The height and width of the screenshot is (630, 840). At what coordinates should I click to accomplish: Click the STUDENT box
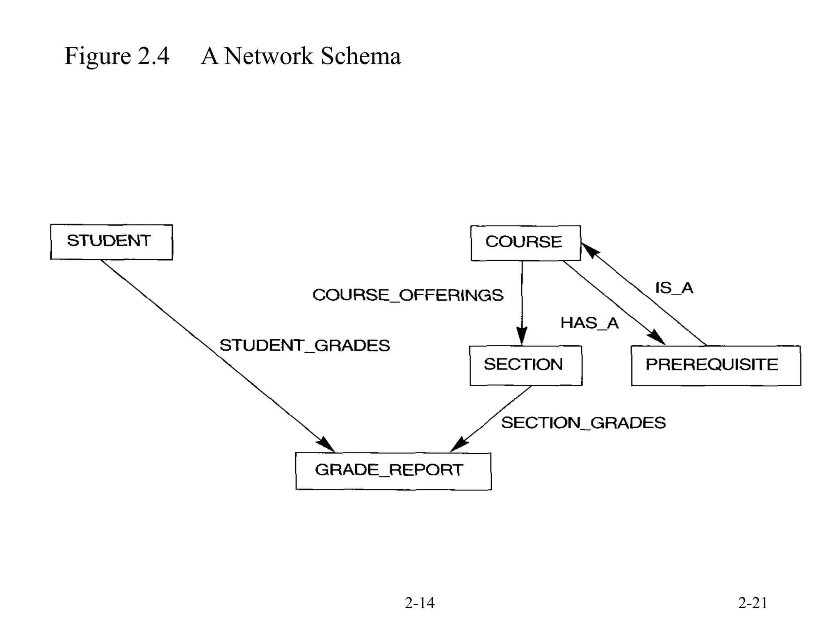click(x=111, y=242)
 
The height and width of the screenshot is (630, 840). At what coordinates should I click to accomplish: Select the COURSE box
click(x=525, y=243)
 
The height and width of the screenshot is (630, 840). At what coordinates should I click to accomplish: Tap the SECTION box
click(x=525, y=365)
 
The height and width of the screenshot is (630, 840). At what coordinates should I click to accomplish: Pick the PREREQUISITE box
click(x=715, y=365)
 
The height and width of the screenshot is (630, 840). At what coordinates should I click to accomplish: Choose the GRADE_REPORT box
click(x=393, y=471)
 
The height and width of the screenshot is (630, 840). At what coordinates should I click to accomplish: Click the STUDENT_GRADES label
click(x=305, y=346)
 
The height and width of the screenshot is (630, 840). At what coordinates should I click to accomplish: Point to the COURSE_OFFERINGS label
click(x=408, y=295)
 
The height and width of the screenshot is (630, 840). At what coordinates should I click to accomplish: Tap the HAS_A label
click(x=589, y=323)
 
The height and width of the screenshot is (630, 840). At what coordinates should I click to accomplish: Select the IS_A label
click(x=674, y=288)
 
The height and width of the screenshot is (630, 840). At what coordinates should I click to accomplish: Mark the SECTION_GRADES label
click(x=583, y=423)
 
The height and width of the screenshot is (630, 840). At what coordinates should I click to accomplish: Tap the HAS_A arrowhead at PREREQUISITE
click(x=657, y=338)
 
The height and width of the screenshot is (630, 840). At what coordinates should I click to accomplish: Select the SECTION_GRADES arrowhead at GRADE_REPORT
click(x=459, y=445)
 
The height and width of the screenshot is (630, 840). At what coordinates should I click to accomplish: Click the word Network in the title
click(x=269, y=56)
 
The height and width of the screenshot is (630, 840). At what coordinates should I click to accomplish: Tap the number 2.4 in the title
click(x=153, y=56)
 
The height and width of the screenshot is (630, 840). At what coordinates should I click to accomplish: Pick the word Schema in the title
click(x=361, y=56)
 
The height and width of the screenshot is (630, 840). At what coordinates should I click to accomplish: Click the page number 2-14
click(x=419, y=603)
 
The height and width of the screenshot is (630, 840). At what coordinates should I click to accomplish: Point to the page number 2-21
click(x=753, y=603)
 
